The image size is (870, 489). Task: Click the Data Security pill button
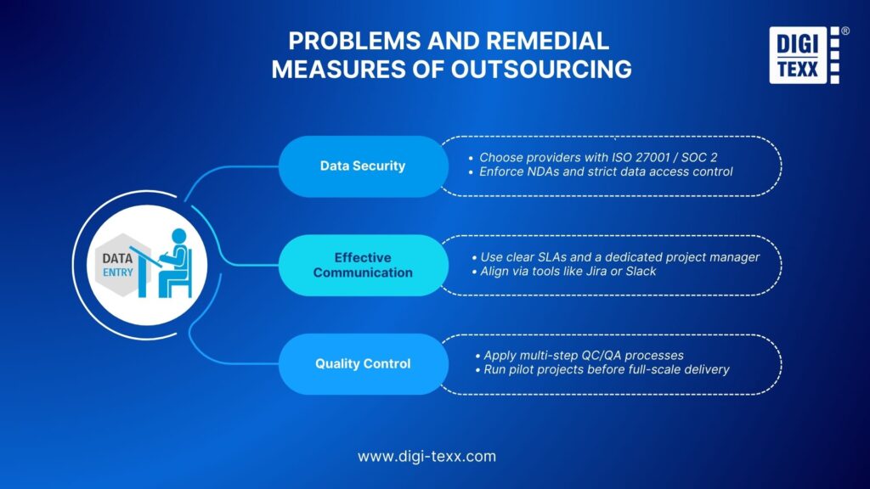363,166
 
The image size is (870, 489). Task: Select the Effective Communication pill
363,265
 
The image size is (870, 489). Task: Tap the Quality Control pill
363,363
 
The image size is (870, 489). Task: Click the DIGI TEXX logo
804,56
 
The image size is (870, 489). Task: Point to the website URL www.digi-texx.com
427,456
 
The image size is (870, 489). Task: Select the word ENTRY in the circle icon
118,273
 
